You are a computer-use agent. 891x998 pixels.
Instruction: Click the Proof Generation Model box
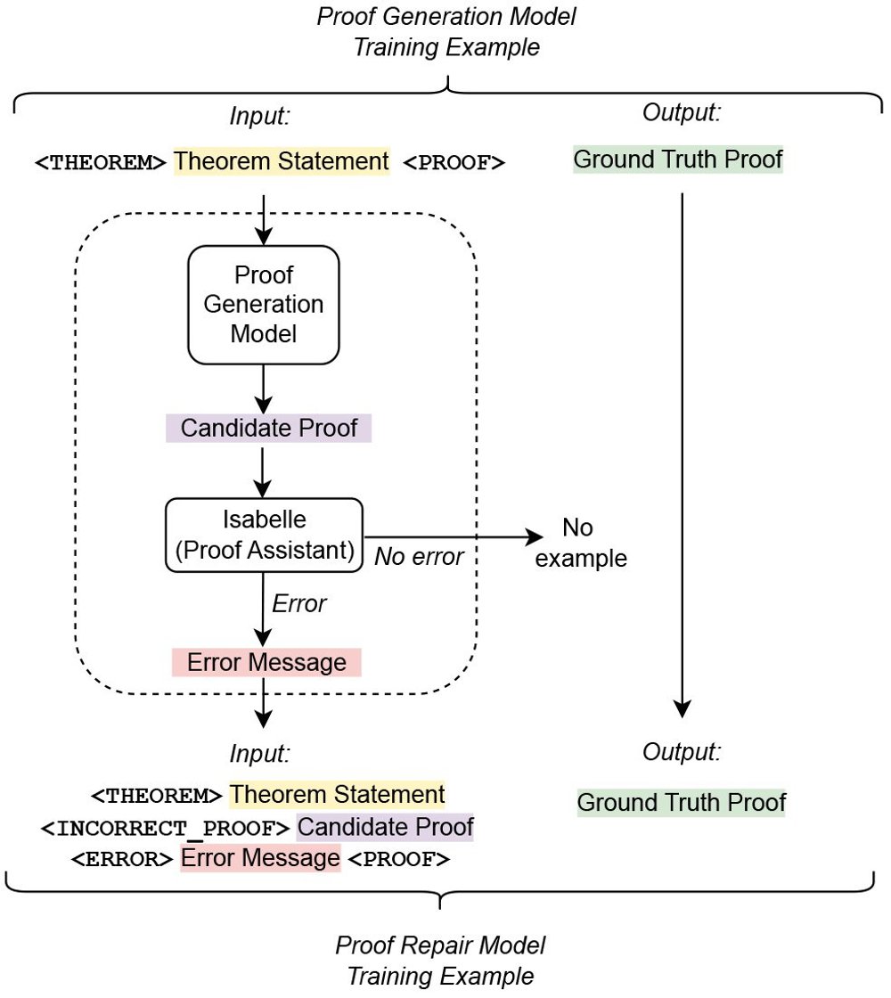pos(264,305)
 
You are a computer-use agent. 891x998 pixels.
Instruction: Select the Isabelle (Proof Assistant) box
pos(264,536)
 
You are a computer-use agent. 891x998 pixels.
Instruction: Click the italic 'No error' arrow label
pos(419,558)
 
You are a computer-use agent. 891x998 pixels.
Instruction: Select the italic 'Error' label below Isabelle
pos(299,604)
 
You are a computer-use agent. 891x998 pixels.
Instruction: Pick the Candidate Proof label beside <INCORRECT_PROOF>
pos(385,827)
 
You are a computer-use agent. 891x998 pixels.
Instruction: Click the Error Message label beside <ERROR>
pos(260,859)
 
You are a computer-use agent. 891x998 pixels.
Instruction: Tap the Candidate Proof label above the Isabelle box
pos(268,428)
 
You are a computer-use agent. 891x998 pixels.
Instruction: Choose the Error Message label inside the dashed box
pos(266,662)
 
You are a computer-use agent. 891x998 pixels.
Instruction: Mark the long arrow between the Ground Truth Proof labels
pos(682,454)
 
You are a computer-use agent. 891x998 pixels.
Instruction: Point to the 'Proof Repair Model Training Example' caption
pos(440,960)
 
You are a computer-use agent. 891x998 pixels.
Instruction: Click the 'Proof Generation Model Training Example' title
pos(446,32)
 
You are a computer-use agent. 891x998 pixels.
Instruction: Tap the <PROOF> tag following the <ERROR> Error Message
pos(398,860)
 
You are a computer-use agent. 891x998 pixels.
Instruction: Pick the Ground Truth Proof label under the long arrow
pos(682,802)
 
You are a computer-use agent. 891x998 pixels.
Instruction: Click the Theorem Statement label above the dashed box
pos(282,161)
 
